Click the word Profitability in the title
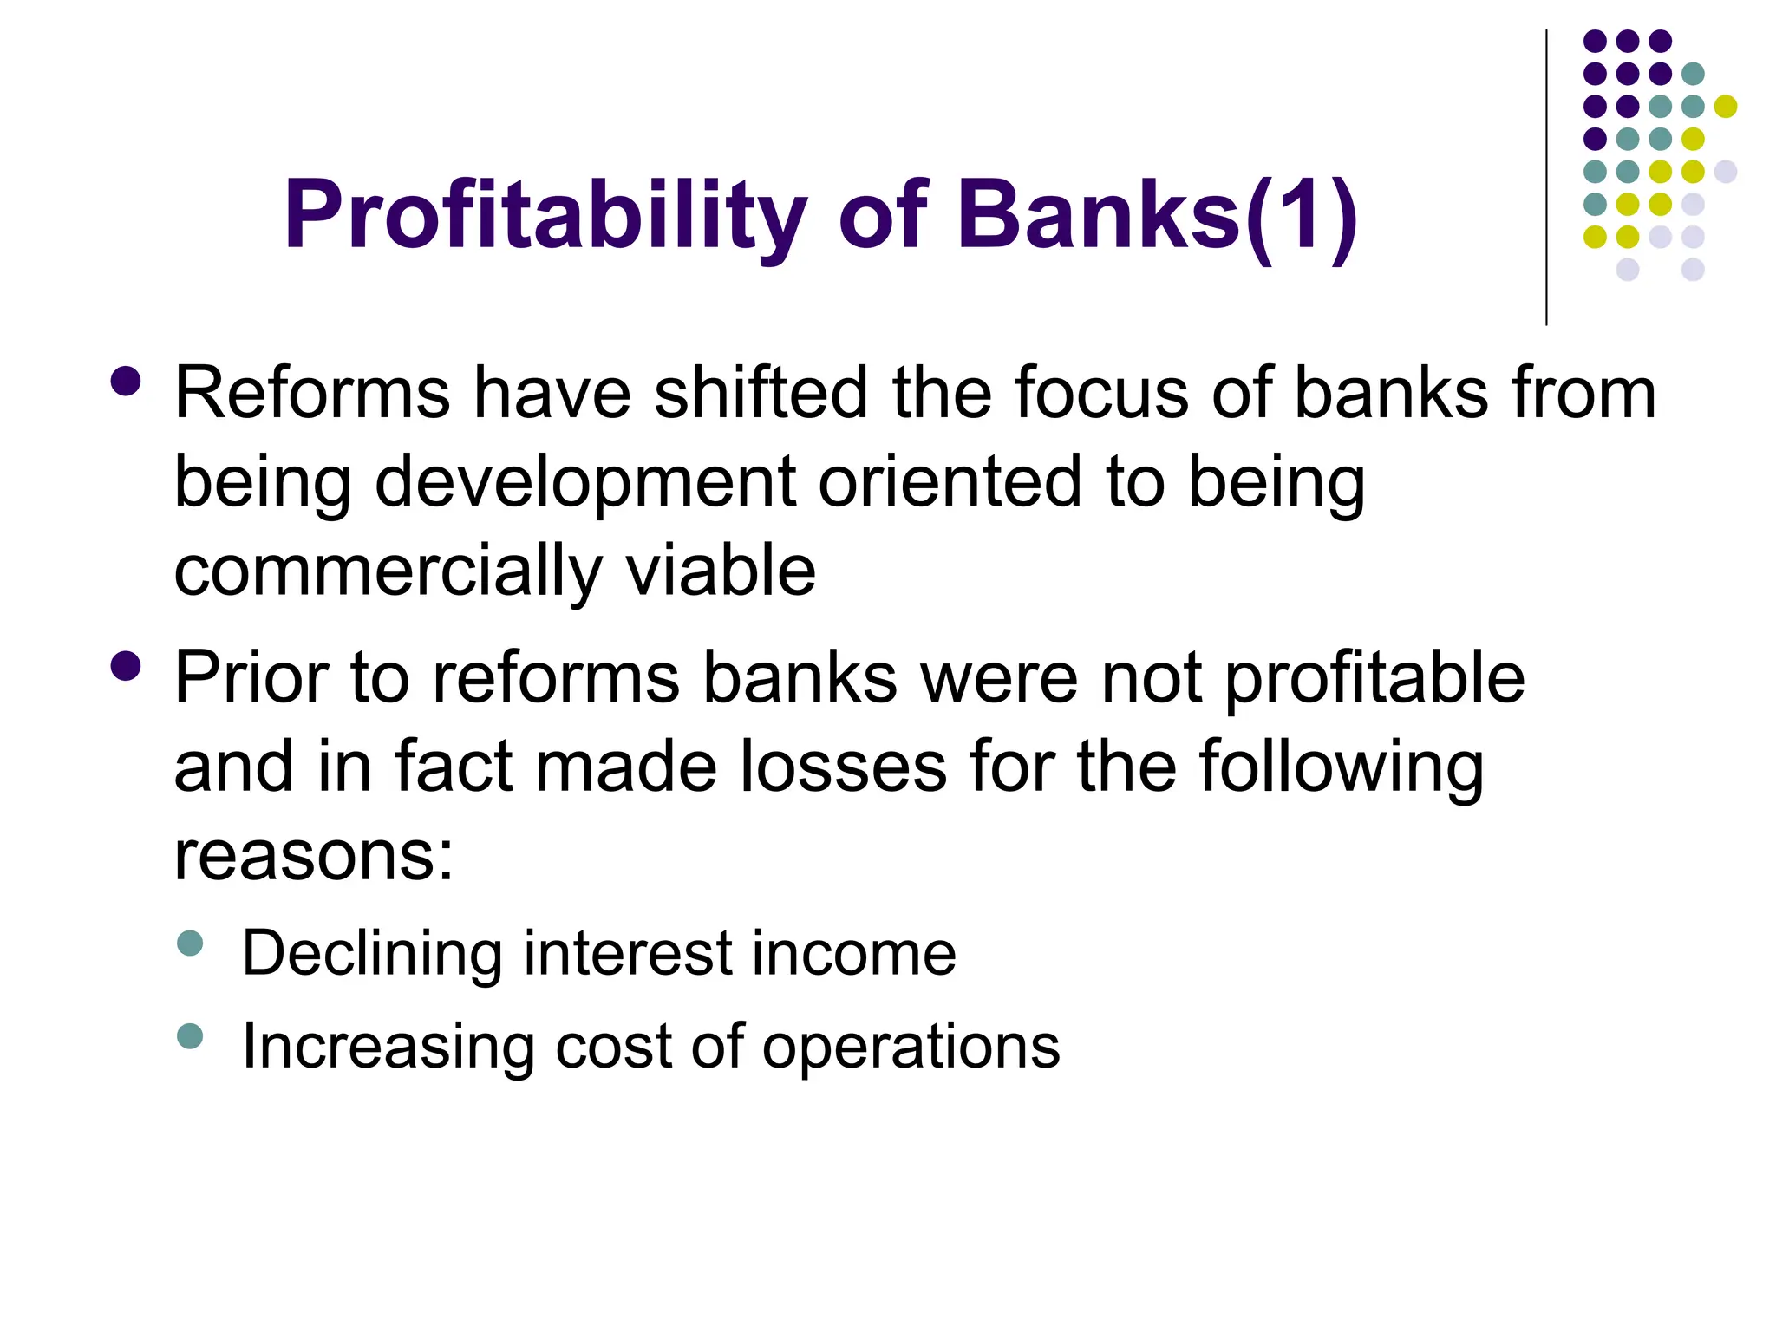545,217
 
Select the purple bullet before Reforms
127,381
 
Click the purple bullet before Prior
127,666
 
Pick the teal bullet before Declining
189,943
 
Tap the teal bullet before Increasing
189,1035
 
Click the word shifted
761,392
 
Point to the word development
585,484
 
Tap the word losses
843,767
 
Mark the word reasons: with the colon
314,858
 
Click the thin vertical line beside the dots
1546,178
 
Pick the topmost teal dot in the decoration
1693,74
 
